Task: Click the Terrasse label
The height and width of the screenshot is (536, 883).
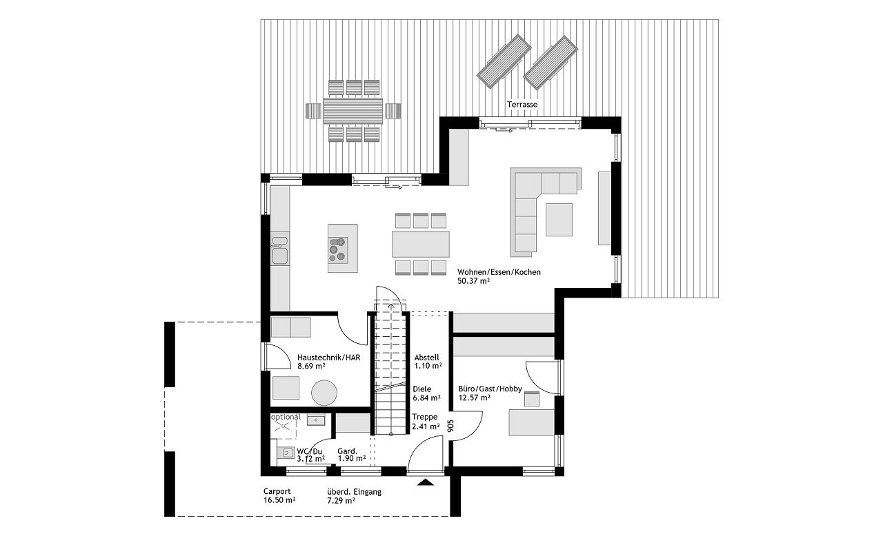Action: [x=522, y=105]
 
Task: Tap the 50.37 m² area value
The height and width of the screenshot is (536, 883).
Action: [x=473, y=281]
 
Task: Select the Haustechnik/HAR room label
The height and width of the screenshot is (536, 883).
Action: [x=329, y=358]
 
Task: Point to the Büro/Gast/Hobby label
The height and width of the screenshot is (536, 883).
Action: [x=490, y=389]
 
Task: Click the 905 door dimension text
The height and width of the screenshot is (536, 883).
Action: [x=451, y=426]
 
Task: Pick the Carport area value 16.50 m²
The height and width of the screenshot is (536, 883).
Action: [x=279, y=499]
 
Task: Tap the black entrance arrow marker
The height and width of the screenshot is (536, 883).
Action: [x=425, y=482]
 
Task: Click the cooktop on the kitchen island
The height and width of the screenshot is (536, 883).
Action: [x=338, y=249]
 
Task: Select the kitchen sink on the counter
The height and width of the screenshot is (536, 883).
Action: [x=280, y=250]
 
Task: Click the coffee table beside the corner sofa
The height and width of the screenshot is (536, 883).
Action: [x=559, y=220]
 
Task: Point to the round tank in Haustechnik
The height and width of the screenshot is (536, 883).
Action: [x=324, y=393]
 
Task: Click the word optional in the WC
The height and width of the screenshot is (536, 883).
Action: [x=286, y=417]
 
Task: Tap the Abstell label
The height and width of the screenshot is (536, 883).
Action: [x=426, y=358]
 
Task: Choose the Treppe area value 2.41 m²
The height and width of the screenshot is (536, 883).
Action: [x=426, y=426]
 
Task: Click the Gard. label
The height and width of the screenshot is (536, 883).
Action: [x=347, y=451]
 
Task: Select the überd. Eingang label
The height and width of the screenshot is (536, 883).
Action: [x=354, y=492]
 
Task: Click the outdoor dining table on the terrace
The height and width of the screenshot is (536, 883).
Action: [x=353, y=111]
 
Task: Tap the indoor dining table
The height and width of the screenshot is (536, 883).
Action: [x=421, y=244]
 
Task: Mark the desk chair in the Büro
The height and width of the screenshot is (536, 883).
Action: [x=531, y=399]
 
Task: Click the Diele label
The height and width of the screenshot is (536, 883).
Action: [x=421, y=389]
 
